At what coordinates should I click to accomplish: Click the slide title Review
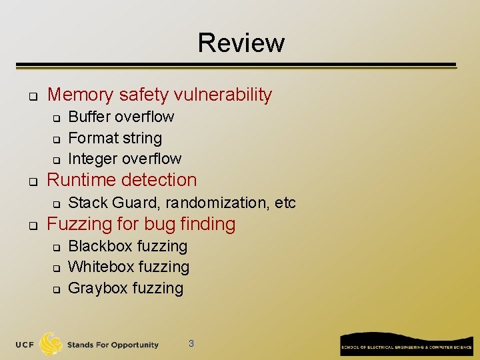[x=241, y=43]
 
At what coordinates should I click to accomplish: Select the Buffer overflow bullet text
[x=121, y=117]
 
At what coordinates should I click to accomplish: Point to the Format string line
[x=115, y=138]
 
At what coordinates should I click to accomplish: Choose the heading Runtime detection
[x=122, y=180]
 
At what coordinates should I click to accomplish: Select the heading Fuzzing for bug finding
[x=141, y=224]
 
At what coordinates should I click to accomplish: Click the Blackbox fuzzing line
[x=128, y=246]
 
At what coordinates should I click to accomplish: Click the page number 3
[x=191, y=344]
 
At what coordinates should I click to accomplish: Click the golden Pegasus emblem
[x=51, y=344]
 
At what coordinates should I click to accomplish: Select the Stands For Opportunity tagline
[x=113, y=345]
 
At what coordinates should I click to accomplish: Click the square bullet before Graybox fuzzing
[x=57, y=289]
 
